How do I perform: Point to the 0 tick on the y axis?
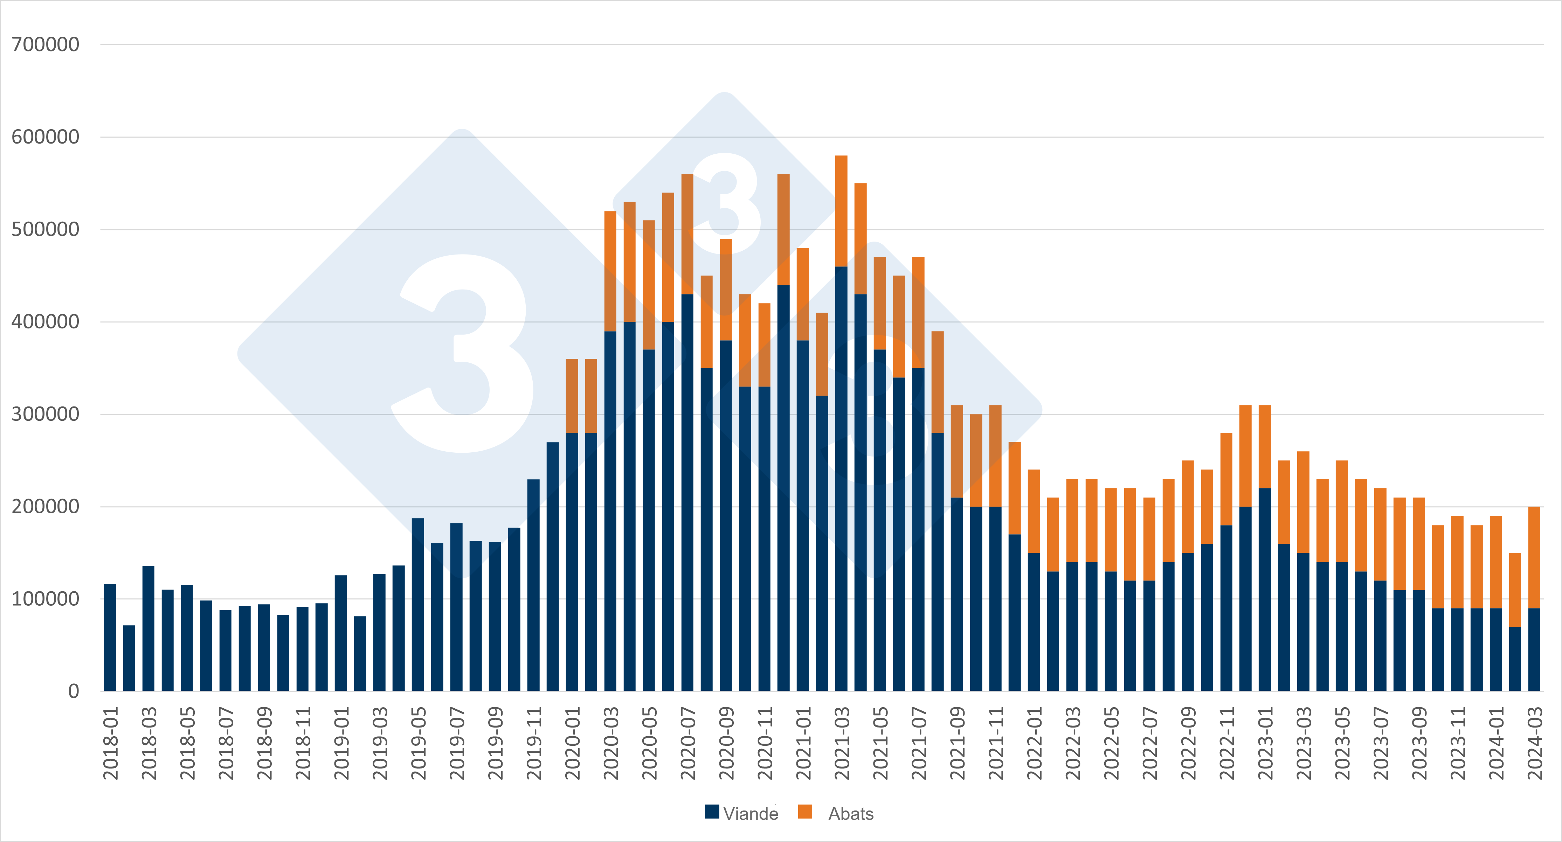(x=73, y=691)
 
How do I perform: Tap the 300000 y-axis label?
(x=46, y=415)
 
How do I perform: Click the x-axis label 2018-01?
(x=110, y=743)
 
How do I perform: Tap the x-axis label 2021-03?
(x=842, y=743)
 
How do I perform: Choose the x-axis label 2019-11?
(x=534, y=743)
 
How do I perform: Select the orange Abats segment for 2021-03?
(x=842, y=211)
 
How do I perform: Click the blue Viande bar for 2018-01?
(x=110, y=638)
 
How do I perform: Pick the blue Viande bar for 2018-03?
(x=148, y=629)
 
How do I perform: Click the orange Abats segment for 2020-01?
(x=572, y=396)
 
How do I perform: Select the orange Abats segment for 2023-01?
(x=1265, y=447)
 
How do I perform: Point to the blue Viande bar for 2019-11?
(x=534, y=585)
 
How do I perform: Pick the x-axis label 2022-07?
(x=1150, y=743)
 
